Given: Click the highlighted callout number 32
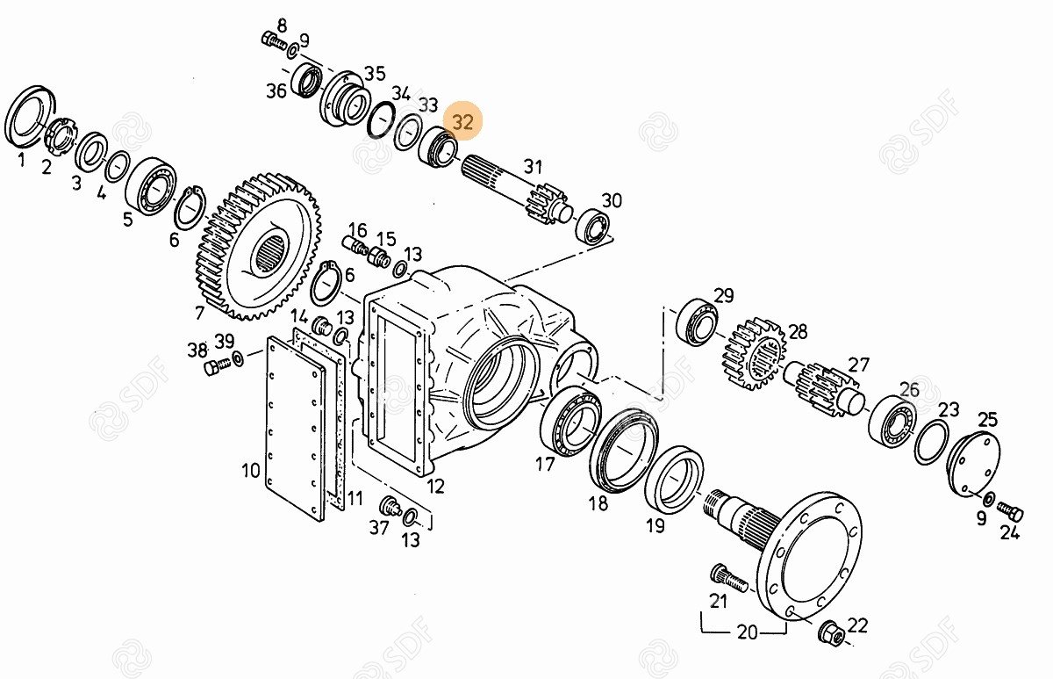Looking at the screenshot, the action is click(462, 122).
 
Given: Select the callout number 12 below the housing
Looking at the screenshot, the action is click(435, 486).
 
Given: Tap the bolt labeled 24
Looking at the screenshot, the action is click(1010, 512).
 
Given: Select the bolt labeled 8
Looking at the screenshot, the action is click(274, 40).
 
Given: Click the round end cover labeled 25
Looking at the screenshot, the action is click(973, 465).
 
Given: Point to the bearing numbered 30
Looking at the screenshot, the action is click(593, 227).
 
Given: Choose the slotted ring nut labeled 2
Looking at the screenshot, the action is click(61, 135).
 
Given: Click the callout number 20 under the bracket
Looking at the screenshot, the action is click(747, 632).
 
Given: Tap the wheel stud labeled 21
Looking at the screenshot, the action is click(728, 577).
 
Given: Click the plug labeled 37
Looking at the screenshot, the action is click(390, 506).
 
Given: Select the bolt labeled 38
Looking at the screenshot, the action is click(218, 365).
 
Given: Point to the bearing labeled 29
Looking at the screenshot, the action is click(697, 321).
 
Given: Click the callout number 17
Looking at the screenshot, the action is click(545, 465).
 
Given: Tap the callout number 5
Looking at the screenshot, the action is click(128, 220).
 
